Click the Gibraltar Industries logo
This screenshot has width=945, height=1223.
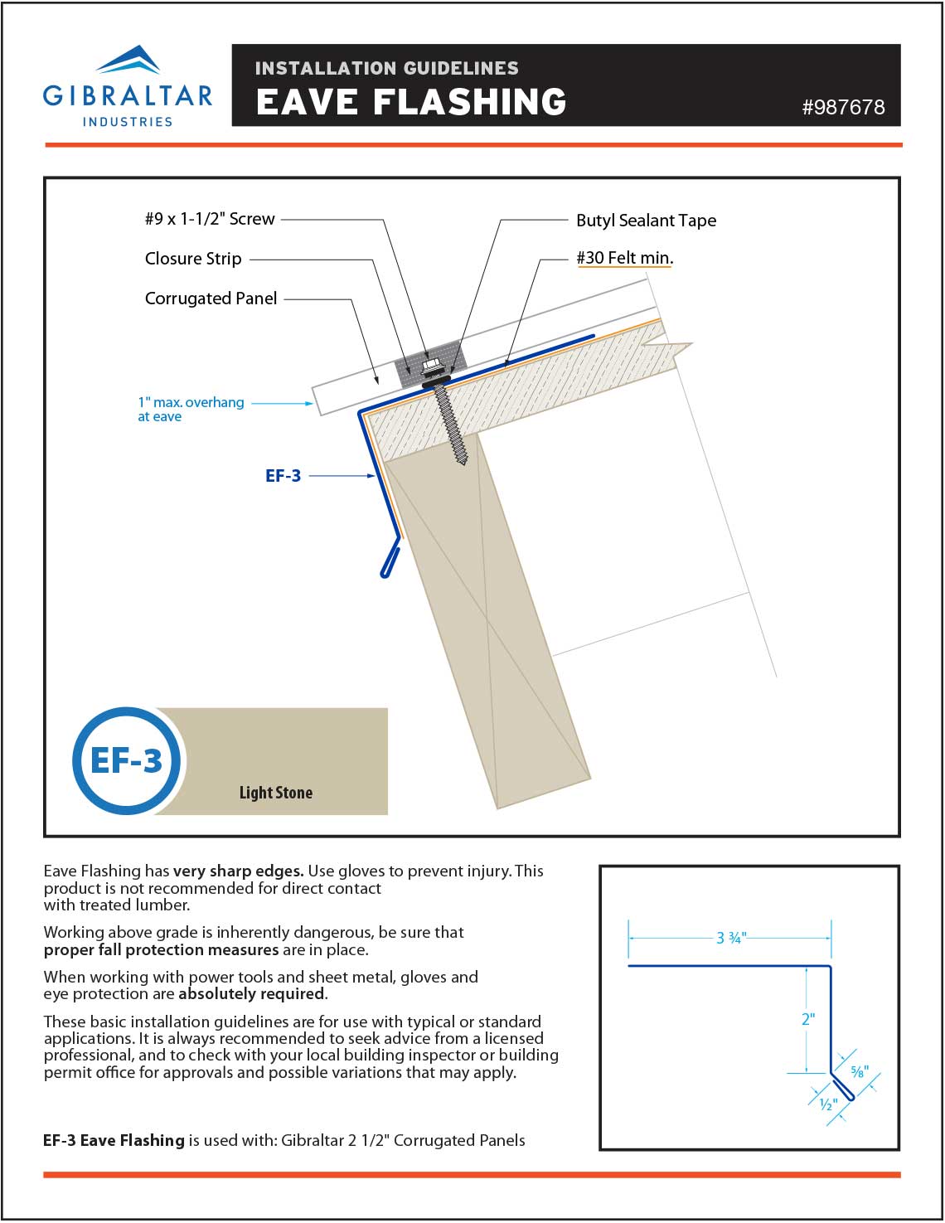click(x=128, y=87)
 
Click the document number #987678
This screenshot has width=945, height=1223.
click(x=842, y=107)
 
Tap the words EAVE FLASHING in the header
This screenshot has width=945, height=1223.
click(x=411, y=102)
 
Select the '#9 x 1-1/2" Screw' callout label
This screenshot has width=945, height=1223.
click(x=210, y=219)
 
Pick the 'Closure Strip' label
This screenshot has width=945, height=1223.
click(x=193, y=259)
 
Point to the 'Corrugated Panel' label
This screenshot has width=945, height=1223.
click(x=211, y=298)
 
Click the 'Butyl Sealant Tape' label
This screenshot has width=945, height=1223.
click(x=646, y=221)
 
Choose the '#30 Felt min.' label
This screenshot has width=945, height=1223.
click(x=624, y=258)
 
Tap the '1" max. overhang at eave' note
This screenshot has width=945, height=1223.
click(x=190, y=409)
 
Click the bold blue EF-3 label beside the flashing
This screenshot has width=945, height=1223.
click(x=283, y=476)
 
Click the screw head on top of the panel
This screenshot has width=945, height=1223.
click(x=430, y=364)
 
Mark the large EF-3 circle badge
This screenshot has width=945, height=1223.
click(x=126, y=760)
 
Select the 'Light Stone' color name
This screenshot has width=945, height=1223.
click(x=275, y=793)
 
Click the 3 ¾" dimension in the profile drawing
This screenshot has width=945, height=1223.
click(x=731, y=938)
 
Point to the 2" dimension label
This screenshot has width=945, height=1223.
click(x=808, y=1019)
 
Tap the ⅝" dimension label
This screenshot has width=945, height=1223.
click(x=860, y=1071)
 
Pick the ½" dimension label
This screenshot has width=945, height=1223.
click(x=828, y=1104)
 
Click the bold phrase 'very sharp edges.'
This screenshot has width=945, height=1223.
click(x=239, y=871)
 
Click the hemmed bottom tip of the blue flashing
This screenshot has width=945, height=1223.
click(x=385, y=572)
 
